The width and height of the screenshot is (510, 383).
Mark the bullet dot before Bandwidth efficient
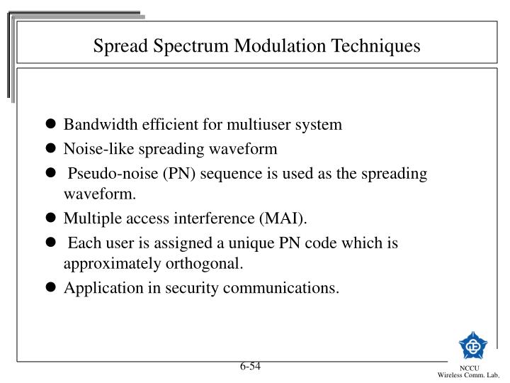[52, 125]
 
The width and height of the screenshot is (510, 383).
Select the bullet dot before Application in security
[52, 288]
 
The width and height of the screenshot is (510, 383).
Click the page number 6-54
[249, 366]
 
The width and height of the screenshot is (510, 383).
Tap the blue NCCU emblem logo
[472, 345]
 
